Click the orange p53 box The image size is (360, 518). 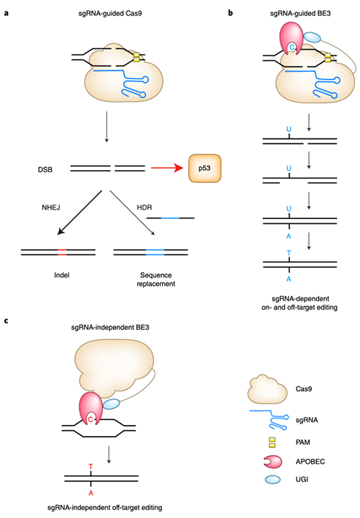pos(204,168)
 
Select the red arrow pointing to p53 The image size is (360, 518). pos(167,168)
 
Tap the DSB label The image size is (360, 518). pos(45,169)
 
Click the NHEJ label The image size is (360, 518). pos(51,207)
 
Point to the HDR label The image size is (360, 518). pos(144,207)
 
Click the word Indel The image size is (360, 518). pos(62,275)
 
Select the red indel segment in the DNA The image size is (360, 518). pos(62,252)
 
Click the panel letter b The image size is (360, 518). pos(230,13)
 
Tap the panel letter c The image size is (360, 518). pos(6,321)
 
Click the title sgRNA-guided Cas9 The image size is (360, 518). pos(110,14)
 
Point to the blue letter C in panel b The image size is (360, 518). pos(292,48)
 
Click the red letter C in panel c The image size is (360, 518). pos(91,420)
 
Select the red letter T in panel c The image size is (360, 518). pos(91,467)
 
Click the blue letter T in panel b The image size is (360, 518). pos(289,253)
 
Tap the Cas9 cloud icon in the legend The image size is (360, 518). pos(267,389)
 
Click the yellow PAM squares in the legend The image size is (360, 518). pos(272,442)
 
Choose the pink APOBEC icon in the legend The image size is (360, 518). pos(273,462)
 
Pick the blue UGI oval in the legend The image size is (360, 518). pos(272,479)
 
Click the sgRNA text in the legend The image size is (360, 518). pos(307,420)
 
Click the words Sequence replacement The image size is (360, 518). pos(156,280)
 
